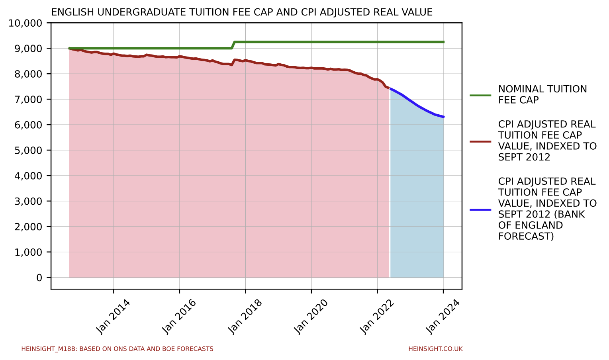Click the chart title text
click(x=242, y=12)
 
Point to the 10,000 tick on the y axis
click(x=25, y=23)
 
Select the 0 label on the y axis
click(x=39, y=278)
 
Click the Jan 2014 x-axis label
click(x=113, y=316)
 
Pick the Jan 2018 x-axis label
click(x=245, y=316)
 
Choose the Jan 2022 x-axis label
click(x=377, y=316)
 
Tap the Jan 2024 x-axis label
click(x=443, y=316)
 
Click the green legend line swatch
click(x=480, y=95)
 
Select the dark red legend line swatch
click(x=480, y=141)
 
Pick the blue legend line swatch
click(x=480, y=209)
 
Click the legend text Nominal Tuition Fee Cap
click(x=542, y=95)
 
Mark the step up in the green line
click(x=233, y=45)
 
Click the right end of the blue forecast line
click(x=443, y=117)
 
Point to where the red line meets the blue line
click(x=389, y=88)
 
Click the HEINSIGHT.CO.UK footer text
click(x=435, y=349)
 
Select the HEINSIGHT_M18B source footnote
click(x=117, y=349)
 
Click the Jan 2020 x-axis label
click(x=311, y=316)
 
